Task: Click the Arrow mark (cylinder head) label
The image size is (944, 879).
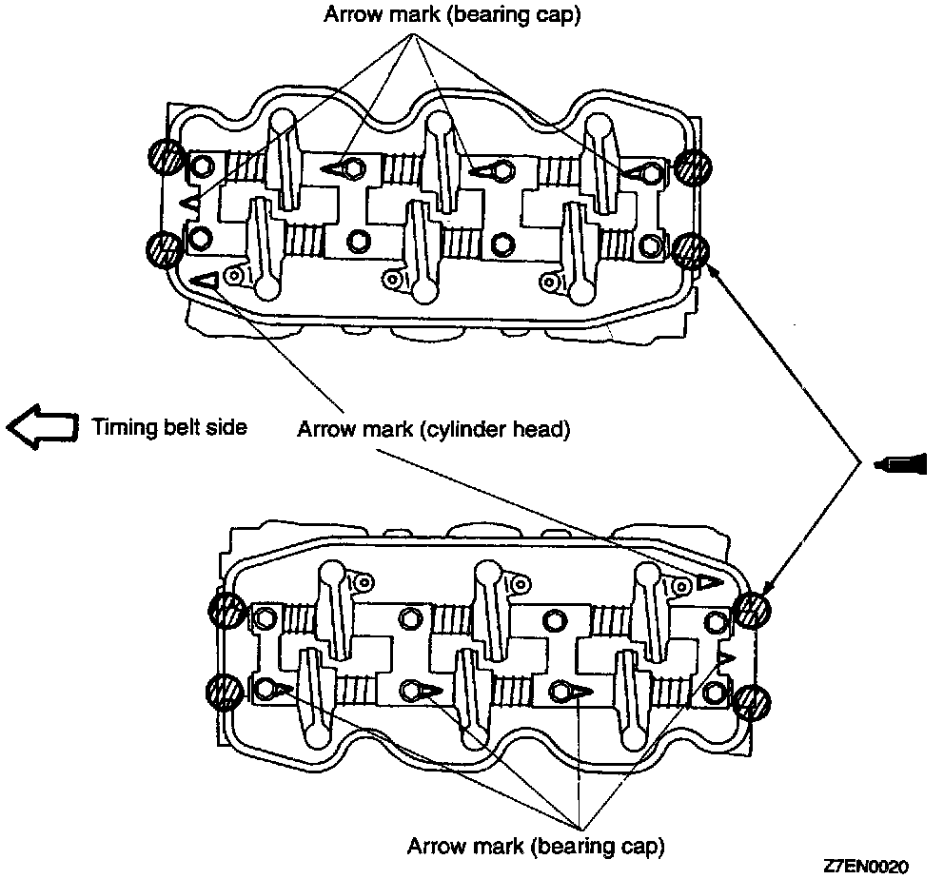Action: (433, 429)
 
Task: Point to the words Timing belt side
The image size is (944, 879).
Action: (169, 427)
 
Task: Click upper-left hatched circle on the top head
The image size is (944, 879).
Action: (165, 157)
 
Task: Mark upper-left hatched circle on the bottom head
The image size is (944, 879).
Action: (226, 609)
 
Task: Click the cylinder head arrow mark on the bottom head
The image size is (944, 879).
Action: (709, 582)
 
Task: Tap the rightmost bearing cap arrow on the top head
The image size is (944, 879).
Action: (639, 172)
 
